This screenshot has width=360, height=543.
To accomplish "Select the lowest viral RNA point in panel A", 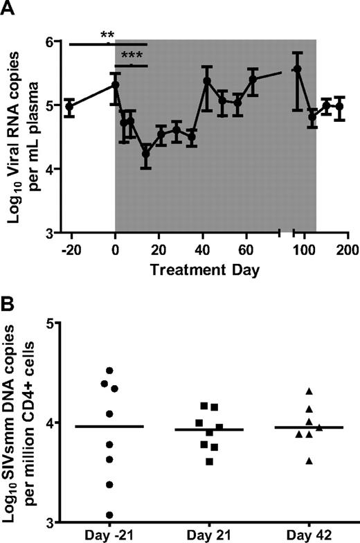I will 146,153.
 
